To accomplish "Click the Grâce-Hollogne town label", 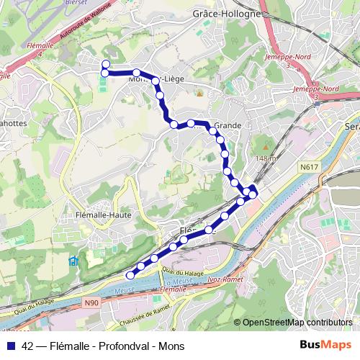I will click(226, 14).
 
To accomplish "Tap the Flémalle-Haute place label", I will click(102, 214).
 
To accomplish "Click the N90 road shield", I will click(91, 303).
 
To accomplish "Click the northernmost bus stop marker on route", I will click(106, 64).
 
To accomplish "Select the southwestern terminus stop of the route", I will click(130, 275).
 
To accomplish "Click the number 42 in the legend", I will click(27, 346).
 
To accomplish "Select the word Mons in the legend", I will click(174, 346).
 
